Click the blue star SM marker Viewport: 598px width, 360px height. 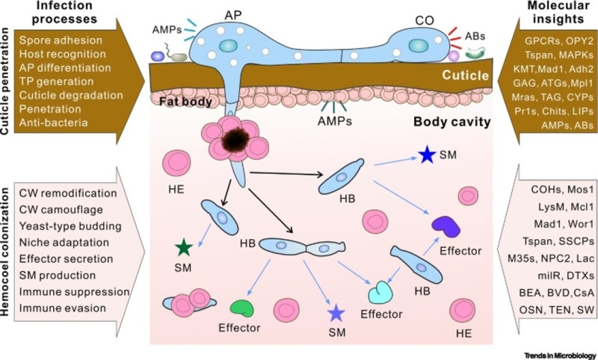pos(427,155)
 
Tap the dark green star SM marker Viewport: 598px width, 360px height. pos(182,247)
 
